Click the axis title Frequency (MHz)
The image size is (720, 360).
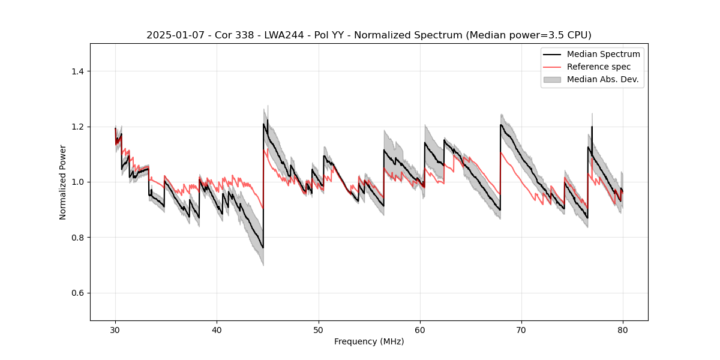click(369, 341)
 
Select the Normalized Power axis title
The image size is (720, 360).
click(63, 182)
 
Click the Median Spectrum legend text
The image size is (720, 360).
click(603, 54)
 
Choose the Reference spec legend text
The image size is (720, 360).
click(599, 67)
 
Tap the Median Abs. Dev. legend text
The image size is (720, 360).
click(603, 79)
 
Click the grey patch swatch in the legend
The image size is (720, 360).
click(552, 79)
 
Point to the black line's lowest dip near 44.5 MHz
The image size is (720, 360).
click(263, 248)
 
